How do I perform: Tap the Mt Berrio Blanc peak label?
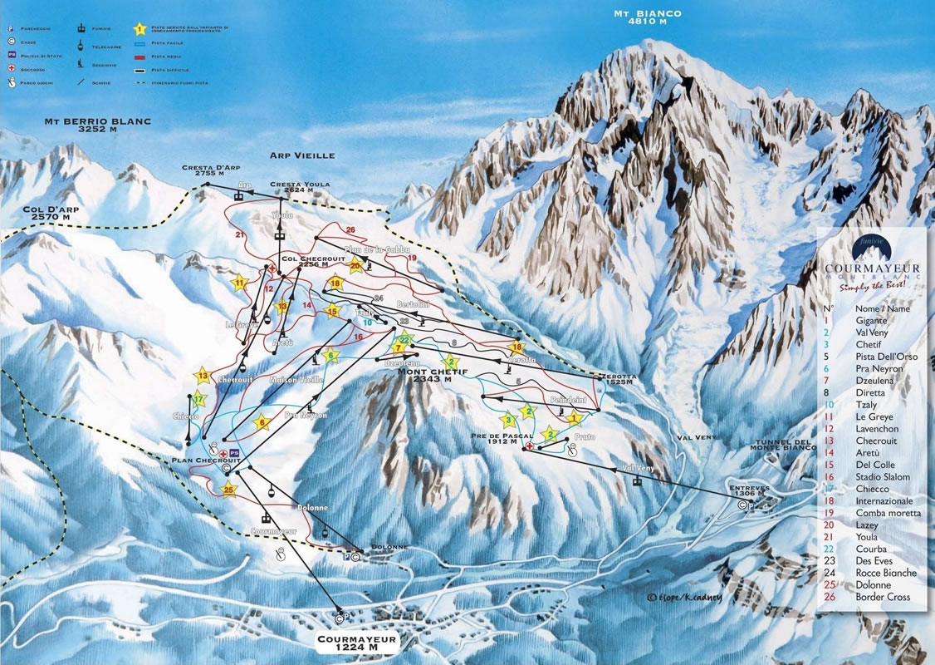coord(98,126)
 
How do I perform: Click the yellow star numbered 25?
coord(230,490)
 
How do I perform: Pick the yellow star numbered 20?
coord(356,266)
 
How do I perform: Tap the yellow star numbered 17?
coord(198,398)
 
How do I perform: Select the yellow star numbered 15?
coord(333,312)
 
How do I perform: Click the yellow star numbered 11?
coord(241,283)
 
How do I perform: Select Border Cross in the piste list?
coord(886,597)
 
